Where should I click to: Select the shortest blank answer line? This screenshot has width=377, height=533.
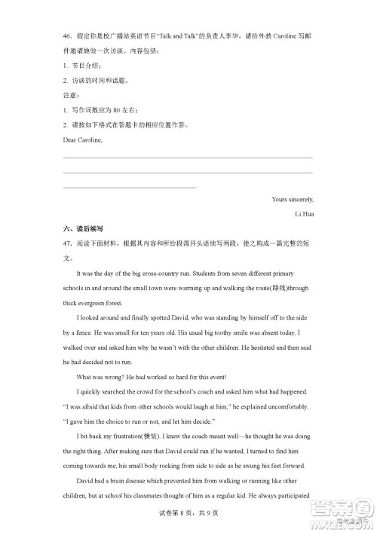point(129,186)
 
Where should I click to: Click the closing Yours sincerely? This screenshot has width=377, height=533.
point(293,199)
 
